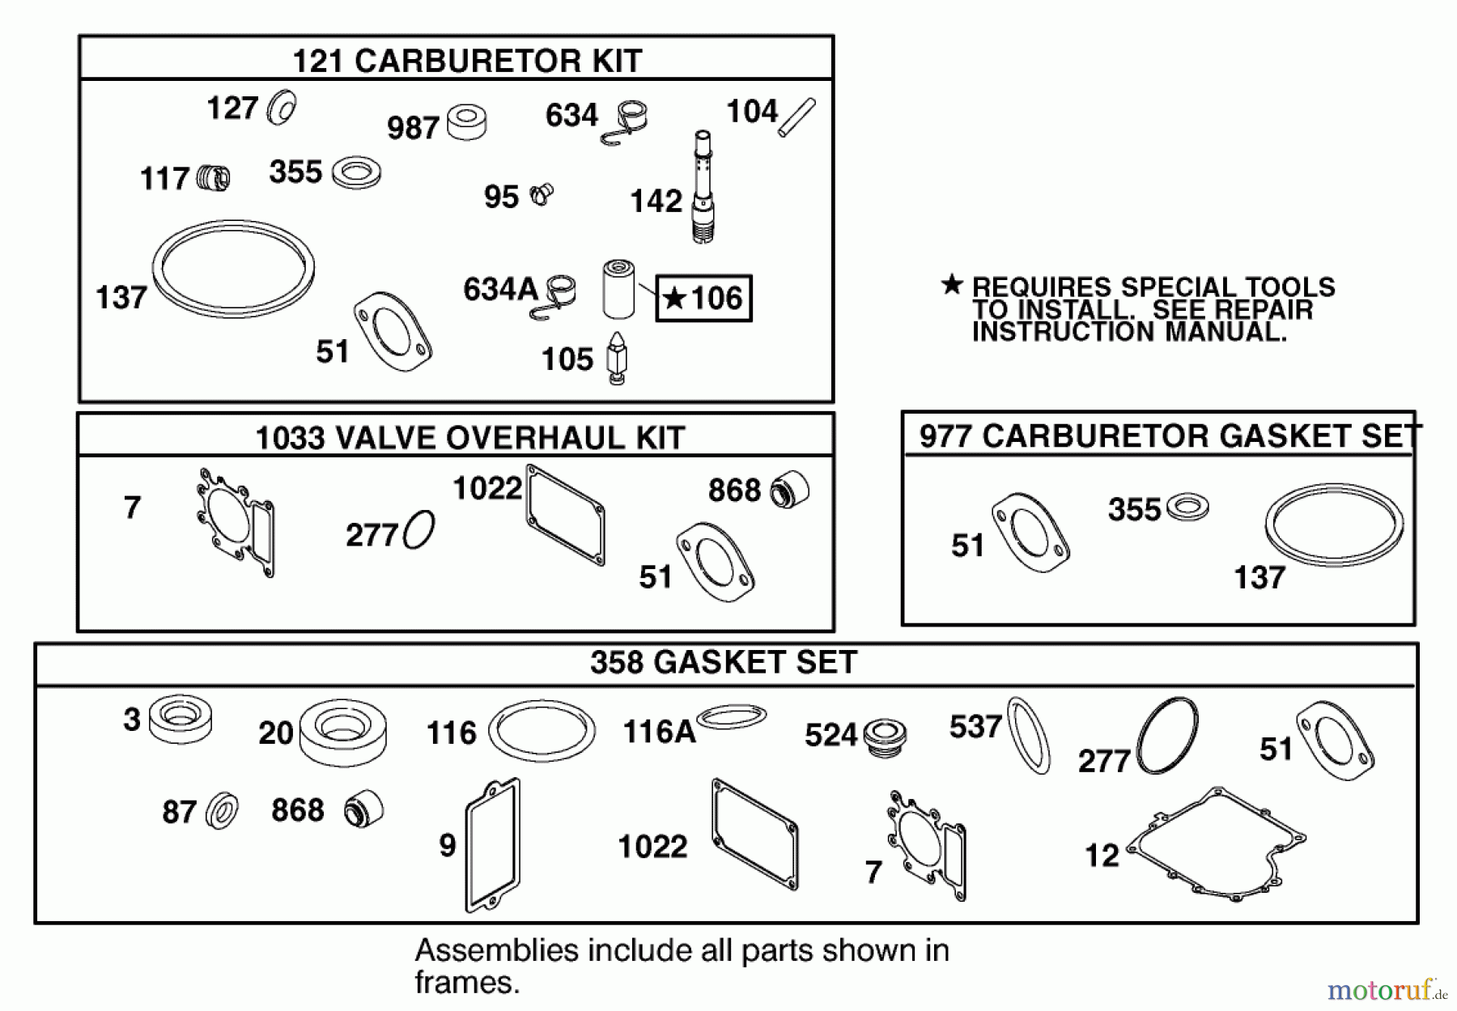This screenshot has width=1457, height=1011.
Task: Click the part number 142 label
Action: (x=656, y=201)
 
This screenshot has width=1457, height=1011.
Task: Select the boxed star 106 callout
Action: (x=703, y=298)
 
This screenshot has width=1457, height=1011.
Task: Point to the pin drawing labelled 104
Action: (x=796, y=117)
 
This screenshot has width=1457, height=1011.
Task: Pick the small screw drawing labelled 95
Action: (x=541, y=194)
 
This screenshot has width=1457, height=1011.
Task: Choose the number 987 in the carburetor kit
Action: (x=413, y=128)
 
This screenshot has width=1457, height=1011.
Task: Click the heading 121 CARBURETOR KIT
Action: (x=467, y=61)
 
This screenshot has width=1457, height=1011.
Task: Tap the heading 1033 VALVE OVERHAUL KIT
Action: (x=470, y=438)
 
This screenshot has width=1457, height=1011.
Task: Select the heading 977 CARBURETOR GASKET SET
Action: (x=1169, y=436)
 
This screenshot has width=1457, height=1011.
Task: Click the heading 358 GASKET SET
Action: (x=724, y=662)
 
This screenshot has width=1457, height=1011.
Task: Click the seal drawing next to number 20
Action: (x=342, y=732)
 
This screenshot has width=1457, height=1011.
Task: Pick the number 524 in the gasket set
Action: (x=830, y=735)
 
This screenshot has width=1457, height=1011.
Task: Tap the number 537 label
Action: (x=975, y=727)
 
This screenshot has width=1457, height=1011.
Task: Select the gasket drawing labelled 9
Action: (x=492, y=844)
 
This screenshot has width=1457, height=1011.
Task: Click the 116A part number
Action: (x=659, y=732)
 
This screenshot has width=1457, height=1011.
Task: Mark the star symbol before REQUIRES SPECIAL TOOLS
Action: (x=953, y=284)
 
